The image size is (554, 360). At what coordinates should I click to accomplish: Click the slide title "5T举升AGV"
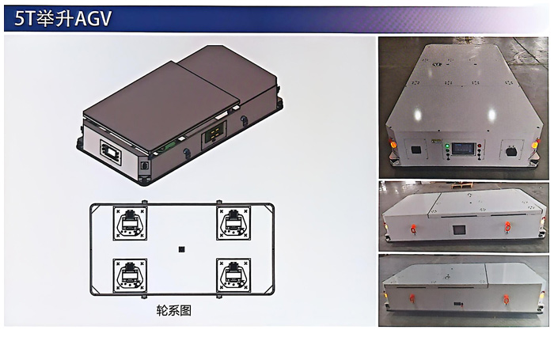point(63,18)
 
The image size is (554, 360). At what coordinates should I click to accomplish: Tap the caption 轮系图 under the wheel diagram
point(174,311)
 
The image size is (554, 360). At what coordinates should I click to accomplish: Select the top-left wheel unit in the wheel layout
point(130,224)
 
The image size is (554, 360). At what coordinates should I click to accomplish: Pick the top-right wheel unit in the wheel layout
point(233,224)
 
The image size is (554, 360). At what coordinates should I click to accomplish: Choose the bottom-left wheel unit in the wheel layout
point(130,275)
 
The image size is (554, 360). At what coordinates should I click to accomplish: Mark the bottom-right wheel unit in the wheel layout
point(233,275)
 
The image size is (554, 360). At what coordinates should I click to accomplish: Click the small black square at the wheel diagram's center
point(181,250)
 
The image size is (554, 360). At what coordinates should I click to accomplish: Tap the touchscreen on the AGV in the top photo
point(463,149)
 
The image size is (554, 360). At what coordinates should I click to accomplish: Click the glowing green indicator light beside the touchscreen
point(447,146)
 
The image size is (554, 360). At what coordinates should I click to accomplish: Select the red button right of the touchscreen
point(480,146)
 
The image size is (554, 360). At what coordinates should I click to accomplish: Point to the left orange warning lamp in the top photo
point(392,143)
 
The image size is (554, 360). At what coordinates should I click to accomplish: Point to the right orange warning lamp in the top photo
point(535,143)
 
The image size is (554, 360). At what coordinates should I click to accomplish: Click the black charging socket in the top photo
point(510,151)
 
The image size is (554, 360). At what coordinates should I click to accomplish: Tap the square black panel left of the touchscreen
point(415,150)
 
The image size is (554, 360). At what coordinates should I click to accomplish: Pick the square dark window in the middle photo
point(459,230)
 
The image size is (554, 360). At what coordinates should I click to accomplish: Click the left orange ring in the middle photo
point(412,229)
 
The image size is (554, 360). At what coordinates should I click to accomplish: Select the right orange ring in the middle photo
point(507,227)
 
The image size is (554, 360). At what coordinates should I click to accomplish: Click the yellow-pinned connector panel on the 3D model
point(214,135)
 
